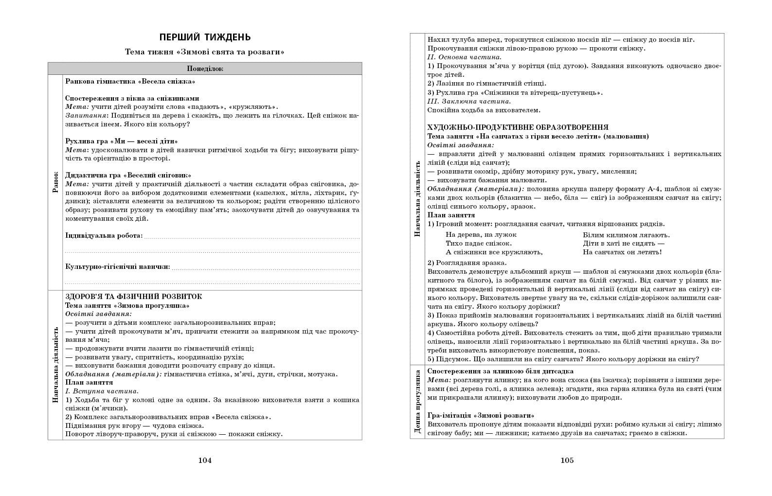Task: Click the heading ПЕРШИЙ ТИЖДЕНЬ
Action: point(205,37)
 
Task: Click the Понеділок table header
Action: point(205,69)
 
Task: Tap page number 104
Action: point(205,461)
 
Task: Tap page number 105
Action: point(567,461)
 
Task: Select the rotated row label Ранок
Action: point(55,182)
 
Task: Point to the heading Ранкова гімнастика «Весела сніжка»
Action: point(130,81)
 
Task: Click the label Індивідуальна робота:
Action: point(104,235)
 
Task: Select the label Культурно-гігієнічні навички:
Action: point(117,266)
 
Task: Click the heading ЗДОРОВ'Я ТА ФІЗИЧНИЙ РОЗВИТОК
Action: point(133,297)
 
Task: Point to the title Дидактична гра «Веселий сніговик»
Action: point(128,175)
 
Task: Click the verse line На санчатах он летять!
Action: point(622,252)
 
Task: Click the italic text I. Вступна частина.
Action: point(102,391)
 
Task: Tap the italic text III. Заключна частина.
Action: point(469,101)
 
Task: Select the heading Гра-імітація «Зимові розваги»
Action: point(481,415)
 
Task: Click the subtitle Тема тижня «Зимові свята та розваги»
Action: point(205,52)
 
